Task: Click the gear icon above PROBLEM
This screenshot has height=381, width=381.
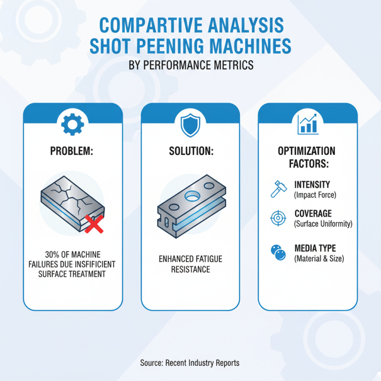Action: point(73,124)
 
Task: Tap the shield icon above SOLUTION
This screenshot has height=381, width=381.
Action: point(190,125)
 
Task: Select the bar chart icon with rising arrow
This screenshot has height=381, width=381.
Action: point(308,124)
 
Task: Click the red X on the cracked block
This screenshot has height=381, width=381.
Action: point(94,224)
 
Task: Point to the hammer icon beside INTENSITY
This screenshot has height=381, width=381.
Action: point(279,189)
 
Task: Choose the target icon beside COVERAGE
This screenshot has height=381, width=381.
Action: point(278,218)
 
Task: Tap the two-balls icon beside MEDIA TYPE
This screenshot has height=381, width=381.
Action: point(278,252)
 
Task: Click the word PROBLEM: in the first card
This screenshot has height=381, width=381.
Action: point(72,151)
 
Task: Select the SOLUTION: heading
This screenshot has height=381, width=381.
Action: point(191,151)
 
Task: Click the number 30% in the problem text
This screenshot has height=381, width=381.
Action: point(52,254)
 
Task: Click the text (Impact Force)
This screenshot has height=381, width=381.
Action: point(315,195)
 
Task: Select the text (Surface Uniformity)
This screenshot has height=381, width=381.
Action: point(323,224)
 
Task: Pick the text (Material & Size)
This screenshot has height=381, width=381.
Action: point(319,259)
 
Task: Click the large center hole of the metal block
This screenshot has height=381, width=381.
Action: point(192,196)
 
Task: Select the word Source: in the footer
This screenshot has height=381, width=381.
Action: point(151,363)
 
